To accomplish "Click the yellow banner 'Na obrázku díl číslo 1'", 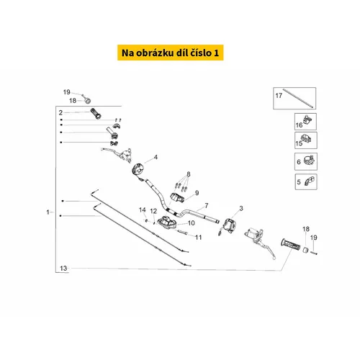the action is coord(171,53).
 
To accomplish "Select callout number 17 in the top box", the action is coord(279,96).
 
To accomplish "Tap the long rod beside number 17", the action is coord(298,99).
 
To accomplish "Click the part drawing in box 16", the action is coord(307,120).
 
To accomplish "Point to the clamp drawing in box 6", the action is coord(309,160).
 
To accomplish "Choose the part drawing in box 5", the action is coord(310,181).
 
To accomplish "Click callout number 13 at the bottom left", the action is coord(63,268).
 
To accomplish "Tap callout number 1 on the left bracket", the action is coord(48,212).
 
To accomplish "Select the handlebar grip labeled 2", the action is coord(96,113).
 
